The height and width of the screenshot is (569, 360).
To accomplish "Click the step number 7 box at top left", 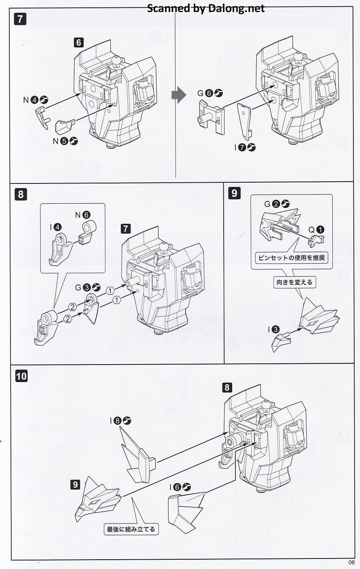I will (x=21, y=19).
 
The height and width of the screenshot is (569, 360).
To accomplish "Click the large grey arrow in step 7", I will (x=179, y=95).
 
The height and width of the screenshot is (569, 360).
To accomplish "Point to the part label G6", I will (x=210, y=93).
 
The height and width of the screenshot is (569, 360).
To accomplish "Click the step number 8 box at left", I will (x=21, y=194).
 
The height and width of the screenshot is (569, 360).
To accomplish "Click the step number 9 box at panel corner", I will (x=235, y=193).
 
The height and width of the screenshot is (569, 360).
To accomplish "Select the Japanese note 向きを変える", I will (x=294, y=282).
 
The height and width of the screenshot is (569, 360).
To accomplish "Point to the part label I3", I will (x=273, y=330).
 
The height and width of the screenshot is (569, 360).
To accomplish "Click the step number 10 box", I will (x=21, y=376).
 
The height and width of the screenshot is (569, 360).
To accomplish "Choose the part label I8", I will (x=120, y=421).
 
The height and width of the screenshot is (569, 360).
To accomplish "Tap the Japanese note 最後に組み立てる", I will (x=131, y=529).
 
